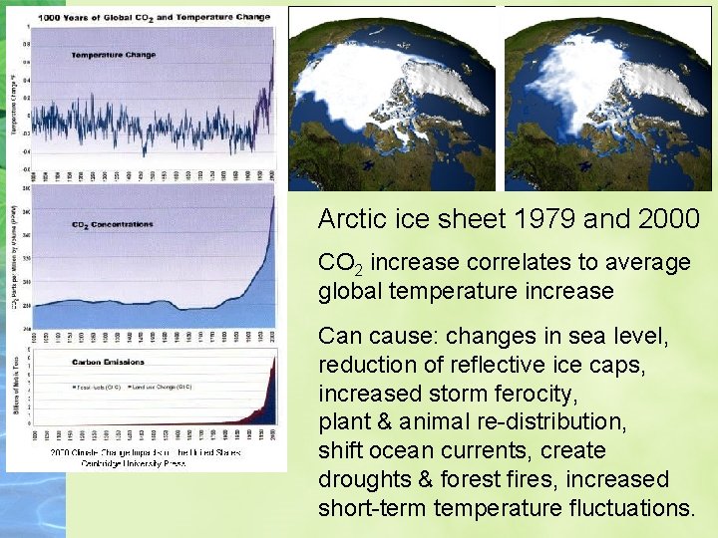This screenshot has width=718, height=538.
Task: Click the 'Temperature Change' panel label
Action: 113,55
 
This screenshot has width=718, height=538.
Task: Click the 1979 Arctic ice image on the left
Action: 392,98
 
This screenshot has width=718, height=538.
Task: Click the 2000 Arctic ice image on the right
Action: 608,98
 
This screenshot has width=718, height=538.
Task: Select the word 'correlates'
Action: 499,263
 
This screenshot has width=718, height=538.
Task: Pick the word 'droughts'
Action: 361,480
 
